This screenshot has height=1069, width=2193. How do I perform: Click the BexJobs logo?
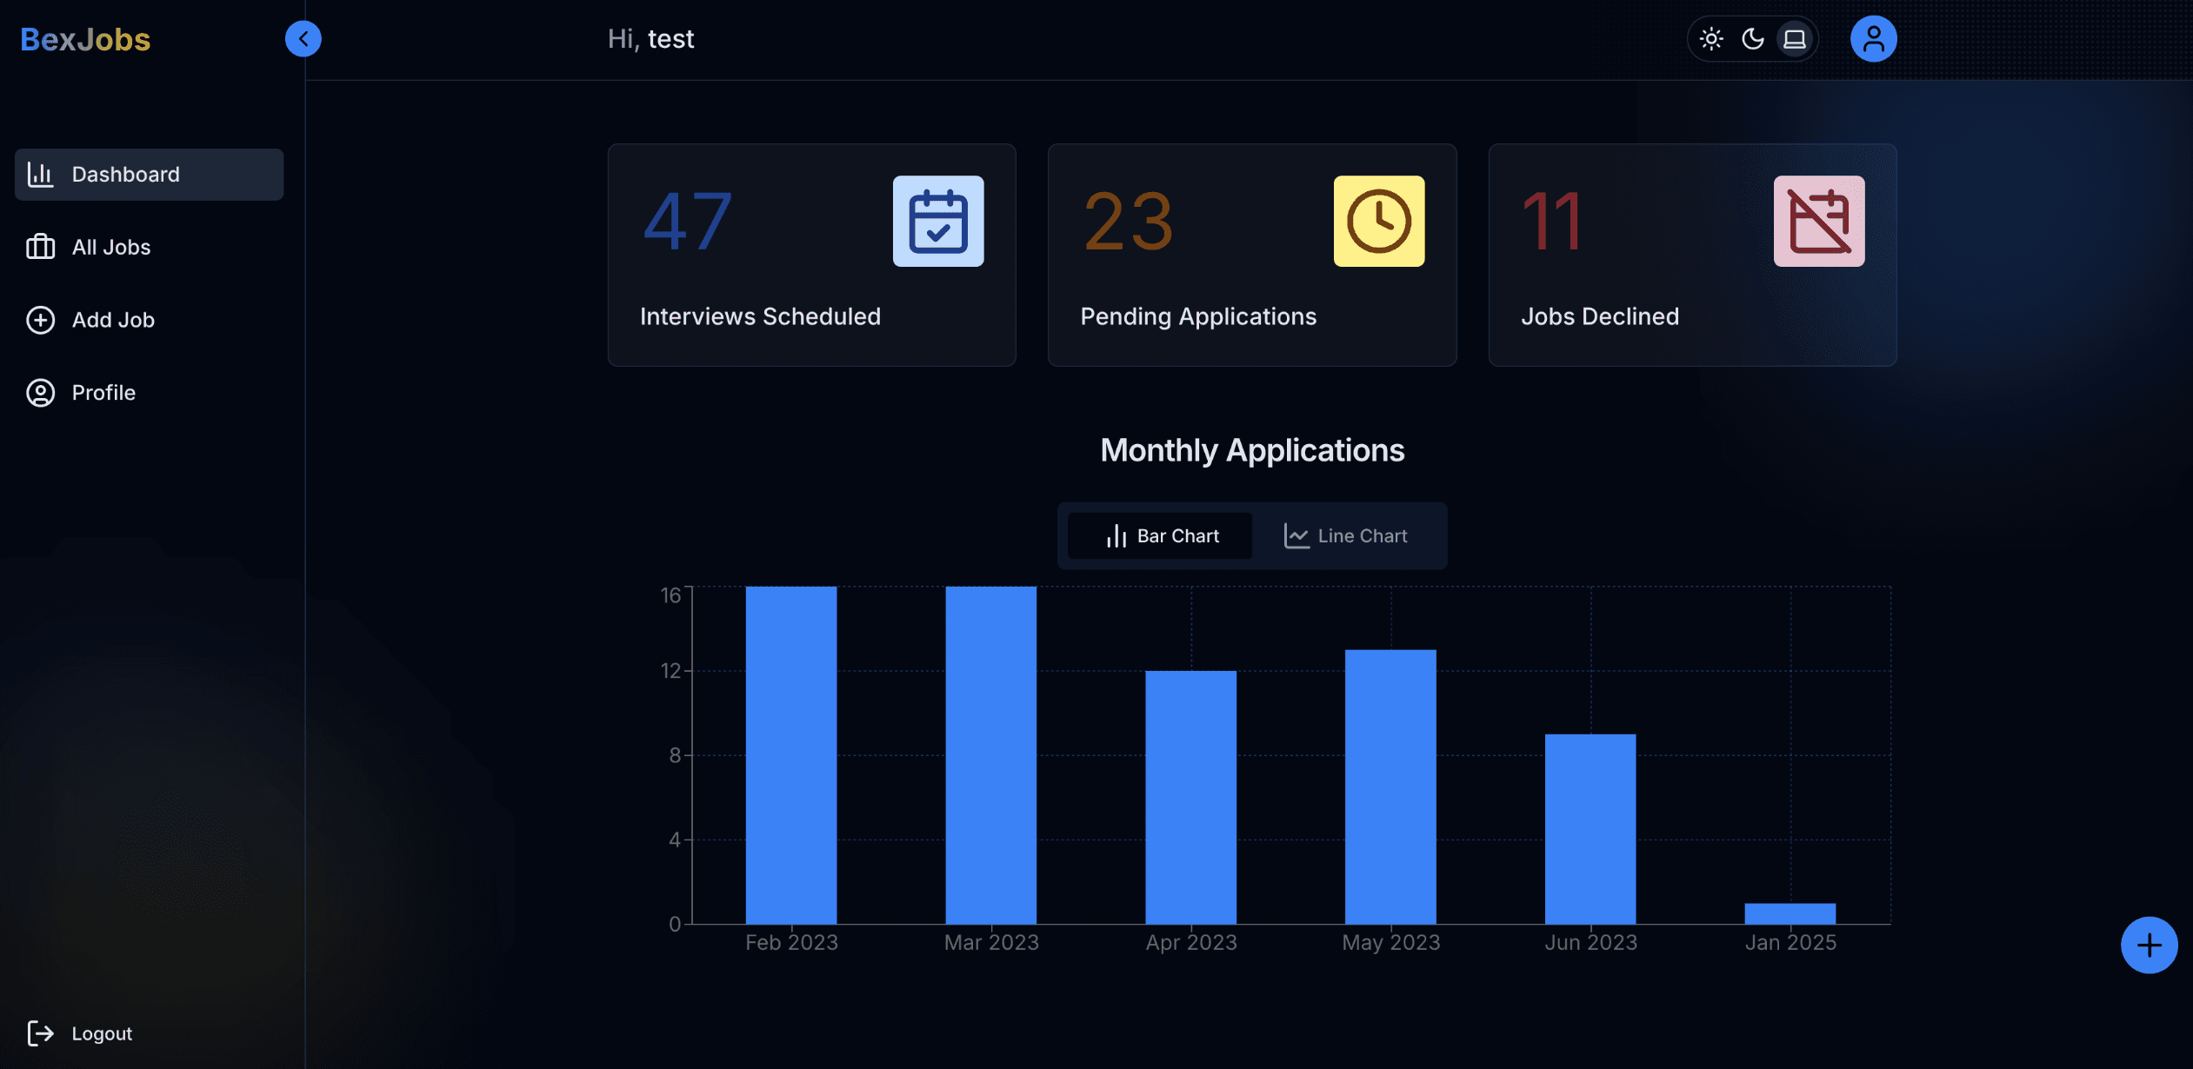coord(85,39)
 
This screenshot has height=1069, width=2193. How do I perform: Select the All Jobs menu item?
coord(110,248)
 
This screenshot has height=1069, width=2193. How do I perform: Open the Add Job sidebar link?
coord(112,320)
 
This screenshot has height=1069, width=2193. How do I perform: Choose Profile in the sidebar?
coord(103,393)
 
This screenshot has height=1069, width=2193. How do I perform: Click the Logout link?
coord(101,1033)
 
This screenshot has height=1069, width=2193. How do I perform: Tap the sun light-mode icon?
coord(1711,39)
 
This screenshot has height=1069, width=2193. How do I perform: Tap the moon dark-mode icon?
coord(1753,39)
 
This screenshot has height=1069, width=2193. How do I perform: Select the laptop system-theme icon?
coord(1795,39)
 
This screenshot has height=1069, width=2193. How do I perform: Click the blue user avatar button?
coord(1873,39)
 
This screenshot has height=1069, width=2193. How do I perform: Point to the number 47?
coord(688,222)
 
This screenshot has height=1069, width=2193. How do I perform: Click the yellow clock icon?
coord(1379,222)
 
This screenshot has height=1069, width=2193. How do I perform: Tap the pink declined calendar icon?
coord(1819,222)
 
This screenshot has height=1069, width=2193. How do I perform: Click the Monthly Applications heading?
coord(1252,450)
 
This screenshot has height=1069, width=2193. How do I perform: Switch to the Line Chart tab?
coord(1345,536)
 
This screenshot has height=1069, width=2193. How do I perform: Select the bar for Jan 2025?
coord(1790,913)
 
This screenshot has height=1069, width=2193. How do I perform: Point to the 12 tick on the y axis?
coord(670,671)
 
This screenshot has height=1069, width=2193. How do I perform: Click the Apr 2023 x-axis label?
coord(1191,943)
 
